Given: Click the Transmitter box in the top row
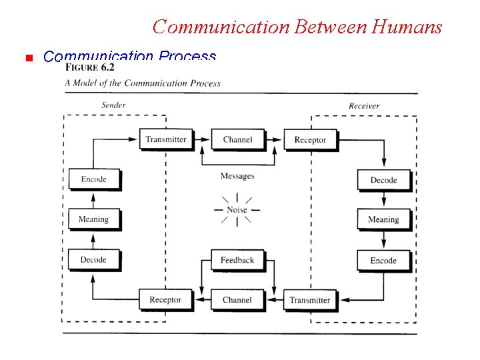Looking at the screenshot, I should [x=166, y=139].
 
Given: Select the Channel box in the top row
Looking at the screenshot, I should [x=237, y=139].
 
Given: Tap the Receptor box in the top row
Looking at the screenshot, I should [x=310, y=139].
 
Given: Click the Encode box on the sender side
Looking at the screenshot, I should [x=93, y=179].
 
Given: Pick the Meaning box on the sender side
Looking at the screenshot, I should [x=93, y=219].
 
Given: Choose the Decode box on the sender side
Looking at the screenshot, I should [x=93, y=259].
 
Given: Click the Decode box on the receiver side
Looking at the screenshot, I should [x=383, y=180].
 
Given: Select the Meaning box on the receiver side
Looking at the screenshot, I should [x=383, y=219].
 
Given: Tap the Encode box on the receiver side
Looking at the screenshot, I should [x=383, y=261].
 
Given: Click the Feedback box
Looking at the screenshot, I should [x=237, y=260].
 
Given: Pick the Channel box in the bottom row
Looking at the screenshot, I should [x=237, y=300].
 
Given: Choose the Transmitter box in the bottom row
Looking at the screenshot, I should [x=310, y=300].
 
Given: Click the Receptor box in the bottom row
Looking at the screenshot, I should [x=165, y=300].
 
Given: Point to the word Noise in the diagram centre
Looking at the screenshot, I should [x=237, y=209].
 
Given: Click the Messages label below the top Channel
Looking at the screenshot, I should [x=237, y=176].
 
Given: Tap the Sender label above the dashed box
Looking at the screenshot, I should [x=113, y=105].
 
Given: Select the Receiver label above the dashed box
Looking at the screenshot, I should [x=364, y=105].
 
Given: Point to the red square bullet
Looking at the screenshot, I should [x=28, y=58].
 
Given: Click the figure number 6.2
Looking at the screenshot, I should [x=107, y=67].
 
